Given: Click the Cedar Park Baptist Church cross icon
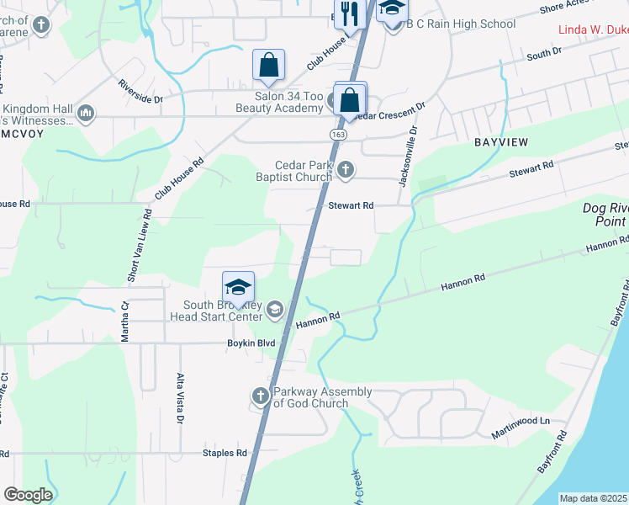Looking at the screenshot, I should click(345, 172).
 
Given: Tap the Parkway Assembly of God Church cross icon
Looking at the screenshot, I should click(261, 396).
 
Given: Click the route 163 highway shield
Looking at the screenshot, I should click(337, 135).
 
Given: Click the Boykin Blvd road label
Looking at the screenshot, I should click(251, 343).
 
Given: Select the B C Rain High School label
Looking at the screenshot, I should click(461, 24).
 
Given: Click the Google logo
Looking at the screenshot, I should click(27, 495).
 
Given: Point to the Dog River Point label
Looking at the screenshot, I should click(605, 215).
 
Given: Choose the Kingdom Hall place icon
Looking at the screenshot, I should click(85, 113).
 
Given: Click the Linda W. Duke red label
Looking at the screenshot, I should click(594, 30).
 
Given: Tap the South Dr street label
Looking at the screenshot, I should click(543, 54).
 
